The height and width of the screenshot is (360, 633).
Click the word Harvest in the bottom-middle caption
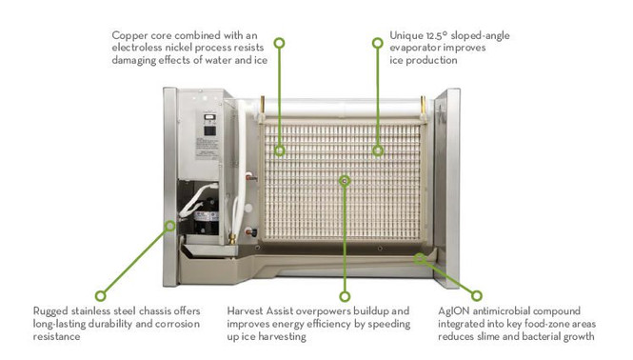(249, 310)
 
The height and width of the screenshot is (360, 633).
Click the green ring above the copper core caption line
(279, 43)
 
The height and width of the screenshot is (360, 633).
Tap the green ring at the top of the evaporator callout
(379, 43)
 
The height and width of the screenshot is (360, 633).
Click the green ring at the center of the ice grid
(345, 180)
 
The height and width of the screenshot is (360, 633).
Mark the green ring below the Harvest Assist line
(345, 295)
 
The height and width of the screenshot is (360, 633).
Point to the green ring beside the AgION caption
(476, 295)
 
